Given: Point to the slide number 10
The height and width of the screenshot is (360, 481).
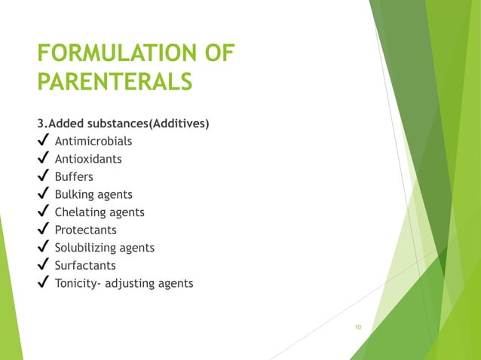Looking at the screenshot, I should (357, 327).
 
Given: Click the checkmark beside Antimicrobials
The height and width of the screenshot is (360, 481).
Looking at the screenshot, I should (43, 141).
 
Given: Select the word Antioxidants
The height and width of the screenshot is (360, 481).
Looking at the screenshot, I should (88, 159).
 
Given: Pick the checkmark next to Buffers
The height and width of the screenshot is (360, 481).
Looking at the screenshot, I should (43, 177).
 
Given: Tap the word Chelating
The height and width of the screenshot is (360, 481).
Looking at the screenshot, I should (79, 212).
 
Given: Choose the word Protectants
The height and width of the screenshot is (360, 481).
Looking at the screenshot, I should (86, 230).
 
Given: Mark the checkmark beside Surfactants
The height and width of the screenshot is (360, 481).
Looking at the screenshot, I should (43, 266).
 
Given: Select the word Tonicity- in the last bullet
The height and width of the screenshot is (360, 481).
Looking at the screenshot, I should (79, 283).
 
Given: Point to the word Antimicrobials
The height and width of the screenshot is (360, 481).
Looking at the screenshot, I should (93, 141).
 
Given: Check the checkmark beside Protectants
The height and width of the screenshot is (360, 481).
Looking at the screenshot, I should (43, 230).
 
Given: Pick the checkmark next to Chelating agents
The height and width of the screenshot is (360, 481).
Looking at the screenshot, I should (43, 212).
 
